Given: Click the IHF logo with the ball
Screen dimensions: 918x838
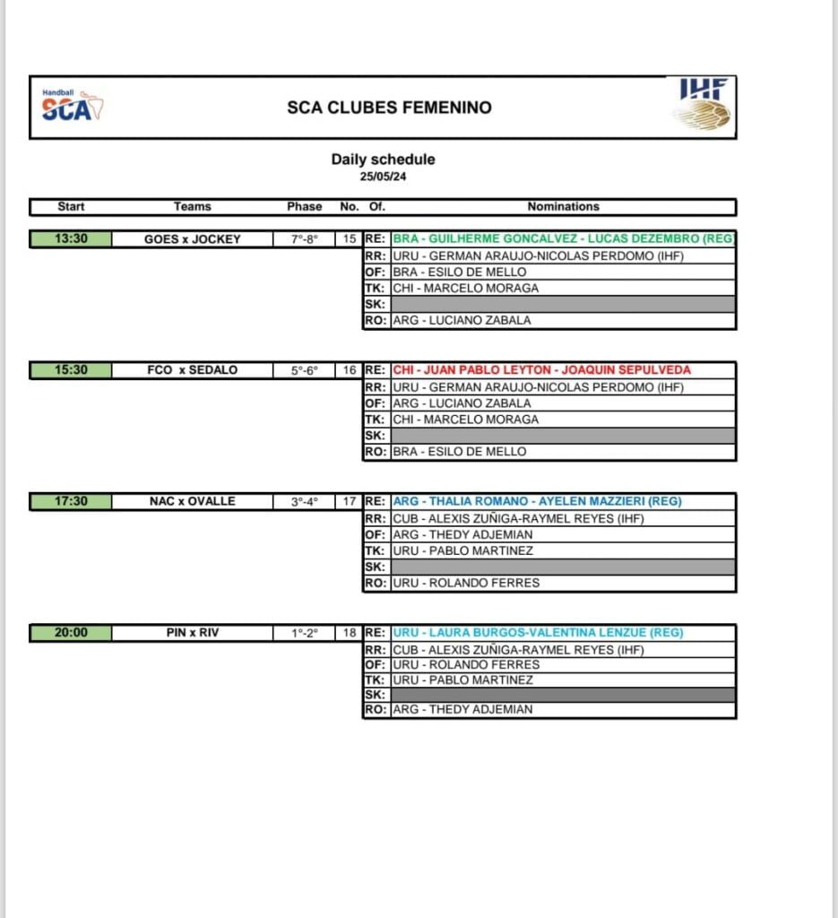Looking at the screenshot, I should click(704, 104).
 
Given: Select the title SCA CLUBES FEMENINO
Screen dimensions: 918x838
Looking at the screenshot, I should click(389, 108).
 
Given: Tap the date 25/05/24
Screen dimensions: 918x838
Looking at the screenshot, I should click(384, 177).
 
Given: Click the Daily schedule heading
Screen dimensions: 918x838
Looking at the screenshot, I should click(384, 160).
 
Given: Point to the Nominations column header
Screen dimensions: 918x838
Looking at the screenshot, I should click(563, 206).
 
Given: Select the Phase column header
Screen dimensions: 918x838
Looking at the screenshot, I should click(304, 206).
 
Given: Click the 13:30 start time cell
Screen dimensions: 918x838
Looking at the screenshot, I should click(71, 239).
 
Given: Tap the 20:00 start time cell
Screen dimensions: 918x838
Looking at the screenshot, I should click(71, 632).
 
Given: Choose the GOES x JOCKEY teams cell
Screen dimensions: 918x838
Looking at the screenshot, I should click(193, 239).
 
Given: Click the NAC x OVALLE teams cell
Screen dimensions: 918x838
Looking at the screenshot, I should click(193, 501).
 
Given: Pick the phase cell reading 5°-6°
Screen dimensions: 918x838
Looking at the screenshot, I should click(304, 370).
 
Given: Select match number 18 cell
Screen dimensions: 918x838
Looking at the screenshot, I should click(350, 632).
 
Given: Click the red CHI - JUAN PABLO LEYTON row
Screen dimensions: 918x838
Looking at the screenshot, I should click(541, 369).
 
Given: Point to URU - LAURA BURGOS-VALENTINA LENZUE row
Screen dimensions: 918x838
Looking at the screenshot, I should click(538, 632).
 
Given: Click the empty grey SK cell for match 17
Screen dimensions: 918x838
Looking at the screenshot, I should click(563, 567).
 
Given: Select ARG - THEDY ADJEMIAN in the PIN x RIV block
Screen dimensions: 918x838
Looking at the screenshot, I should click(462, 709).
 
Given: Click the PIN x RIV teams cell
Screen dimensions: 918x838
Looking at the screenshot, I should click(193, 632).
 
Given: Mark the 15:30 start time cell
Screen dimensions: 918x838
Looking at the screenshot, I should click(71, 370).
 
